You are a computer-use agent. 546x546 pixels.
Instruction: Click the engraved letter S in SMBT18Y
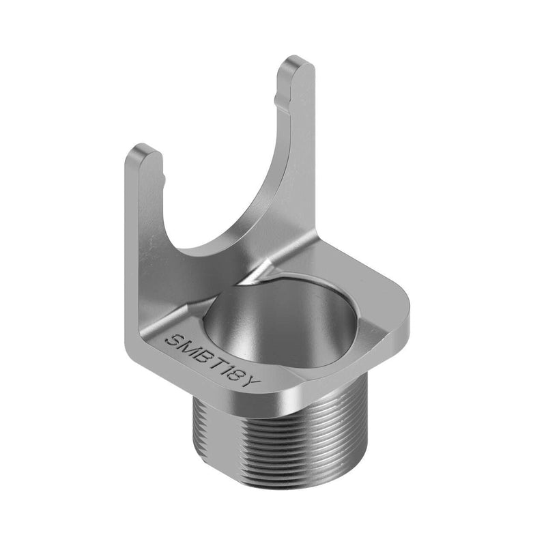coord(173,339)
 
